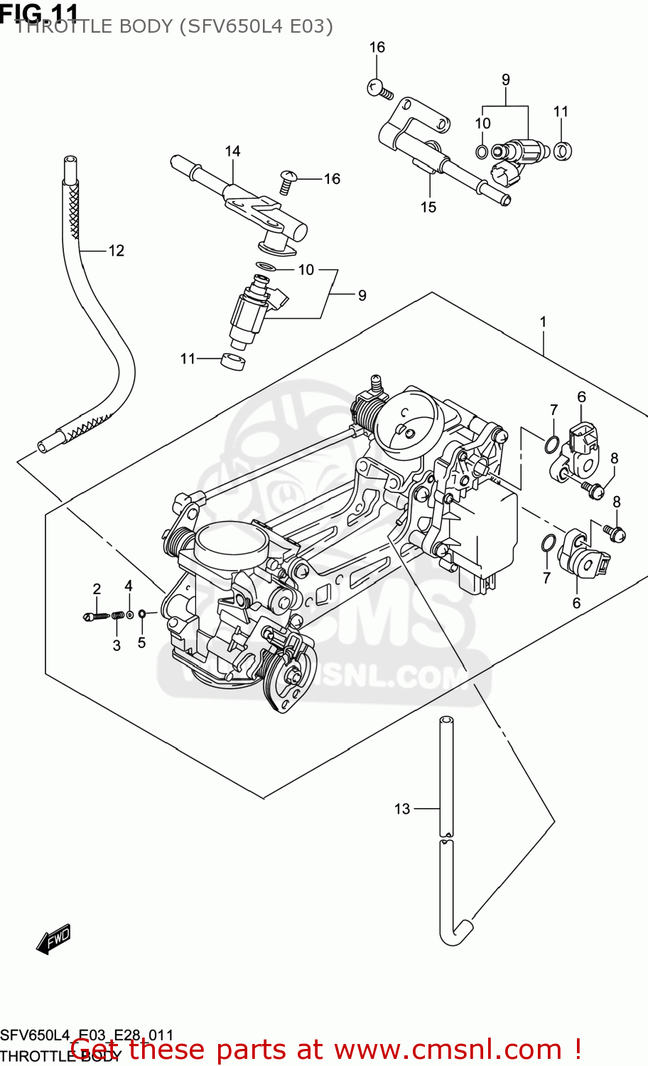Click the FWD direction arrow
[x=54, y=939]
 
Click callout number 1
[x=543, y=322]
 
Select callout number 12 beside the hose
[x=116, y=251]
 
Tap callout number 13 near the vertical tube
[x=402, y=809]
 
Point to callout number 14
[x=232, y=151]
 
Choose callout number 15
[x=428, y=208]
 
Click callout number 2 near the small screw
[x=97, y=589]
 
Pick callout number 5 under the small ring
[x=141, y=643]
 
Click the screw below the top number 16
[x=379, y=90]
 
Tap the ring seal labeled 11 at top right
[x=562, y=151]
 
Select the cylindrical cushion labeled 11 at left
[x=234, y=361]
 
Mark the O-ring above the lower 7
[x=547, y=544]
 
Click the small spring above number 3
[x=119, y=615]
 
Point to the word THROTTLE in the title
[x=94, y=26]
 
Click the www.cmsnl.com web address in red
[x=448, y=1050]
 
